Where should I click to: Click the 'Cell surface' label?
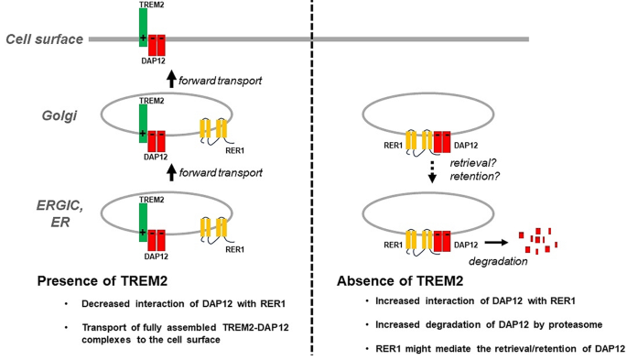[44, 38]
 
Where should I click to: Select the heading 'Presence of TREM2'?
[102, 280]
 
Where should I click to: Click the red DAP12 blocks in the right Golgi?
[441, 143]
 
